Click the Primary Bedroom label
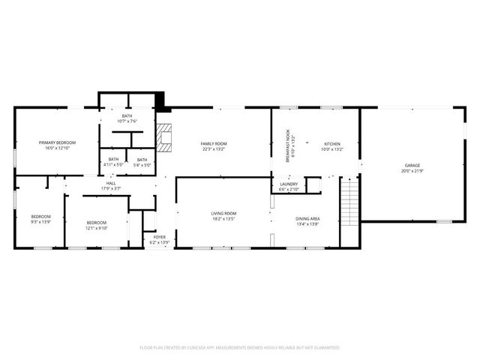(x=58, y=142)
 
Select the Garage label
(x=412, y=166)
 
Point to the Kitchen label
(x=331, y=143)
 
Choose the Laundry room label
(x=289, y=184)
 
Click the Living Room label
(x=223, y=214)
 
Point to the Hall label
(x=110, y=184)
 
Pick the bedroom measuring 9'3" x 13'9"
(x=40, y=219)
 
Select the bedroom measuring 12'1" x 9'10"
(x=96, y=224)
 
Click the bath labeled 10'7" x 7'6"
(x=127, y=118)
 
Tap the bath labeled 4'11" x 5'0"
(x=113, y=161)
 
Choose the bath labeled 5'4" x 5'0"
(x=142, y=161)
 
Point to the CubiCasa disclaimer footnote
(x=240, y=348)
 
